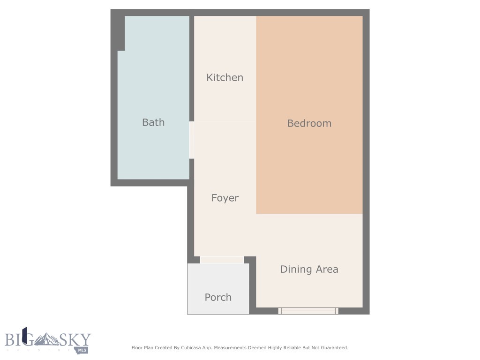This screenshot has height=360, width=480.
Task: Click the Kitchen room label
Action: [x=225, y=78]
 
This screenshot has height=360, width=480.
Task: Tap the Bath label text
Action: [x=153, y=122]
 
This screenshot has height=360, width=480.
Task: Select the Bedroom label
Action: [x=309, y=123]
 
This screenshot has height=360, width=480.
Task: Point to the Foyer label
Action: [x=225, y=198]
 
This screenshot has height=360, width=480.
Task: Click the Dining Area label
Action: [x=309, y=269]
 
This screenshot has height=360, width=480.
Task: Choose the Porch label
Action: [x=218, y=297]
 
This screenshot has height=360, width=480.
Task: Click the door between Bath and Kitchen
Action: [x=191, y=140]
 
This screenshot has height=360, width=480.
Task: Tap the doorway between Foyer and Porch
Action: [x=221, y=260]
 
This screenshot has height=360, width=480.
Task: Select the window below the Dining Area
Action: [x=308, y=310]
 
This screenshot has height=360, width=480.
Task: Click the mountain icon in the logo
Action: [x=46, y=338]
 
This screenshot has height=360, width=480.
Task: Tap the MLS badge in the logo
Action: [x=83, y=350]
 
